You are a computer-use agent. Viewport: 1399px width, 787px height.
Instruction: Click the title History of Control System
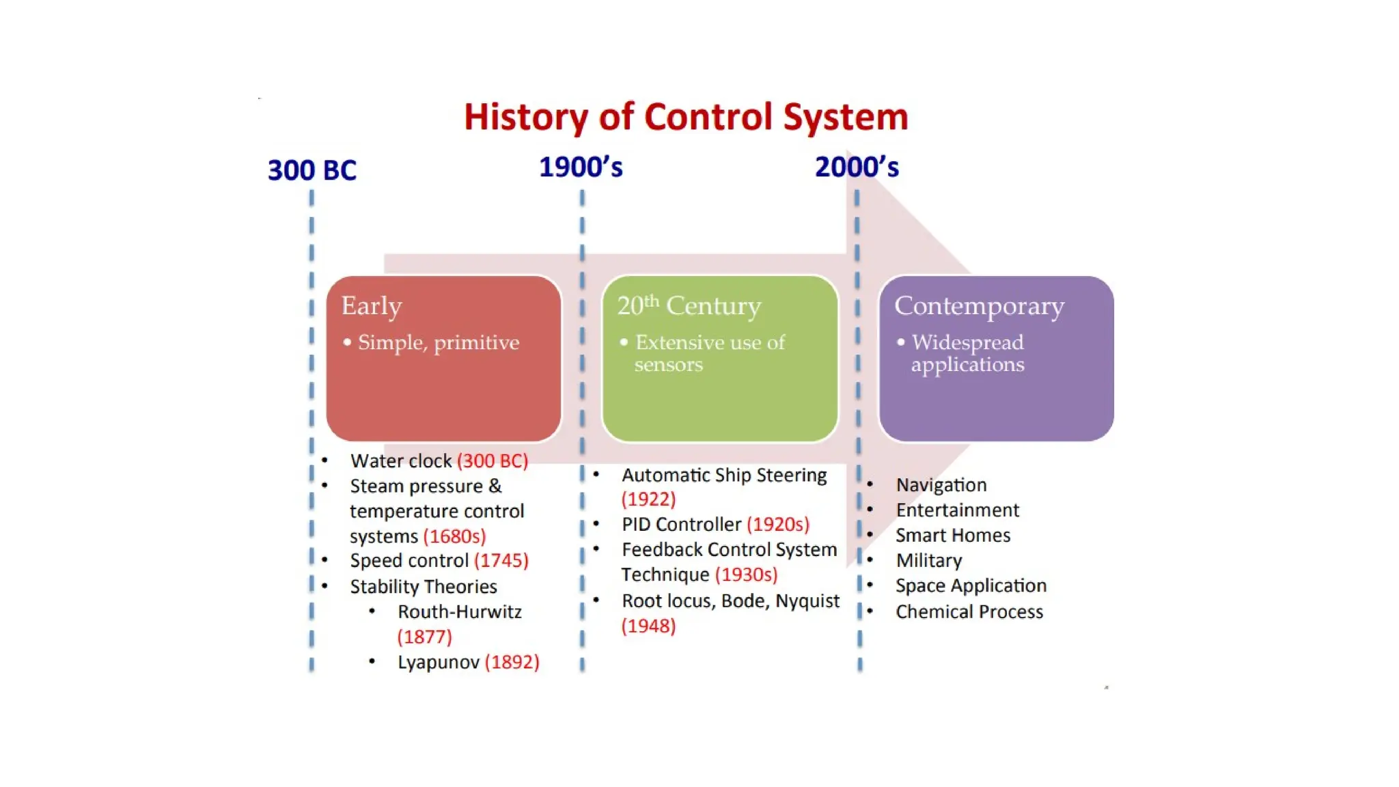686,117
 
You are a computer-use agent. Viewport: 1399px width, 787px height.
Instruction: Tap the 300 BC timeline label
311,170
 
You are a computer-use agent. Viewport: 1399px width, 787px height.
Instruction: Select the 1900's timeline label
581,167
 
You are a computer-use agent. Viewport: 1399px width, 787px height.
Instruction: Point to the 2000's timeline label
857,167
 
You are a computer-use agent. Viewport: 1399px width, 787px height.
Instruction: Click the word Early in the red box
372,306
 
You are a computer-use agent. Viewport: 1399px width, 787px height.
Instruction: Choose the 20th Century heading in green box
689,305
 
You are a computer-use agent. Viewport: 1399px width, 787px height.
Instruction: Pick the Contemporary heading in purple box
979,306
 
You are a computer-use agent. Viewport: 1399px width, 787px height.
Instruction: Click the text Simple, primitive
438,342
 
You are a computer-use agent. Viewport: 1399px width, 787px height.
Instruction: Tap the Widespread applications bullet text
967,353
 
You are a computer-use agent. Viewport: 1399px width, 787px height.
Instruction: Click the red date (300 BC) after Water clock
493,461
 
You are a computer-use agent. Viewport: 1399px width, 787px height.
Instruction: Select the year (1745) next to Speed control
501,561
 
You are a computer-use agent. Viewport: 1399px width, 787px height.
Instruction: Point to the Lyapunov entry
438,663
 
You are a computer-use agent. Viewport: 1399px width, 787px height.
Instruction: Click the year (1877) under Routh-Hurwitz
424,637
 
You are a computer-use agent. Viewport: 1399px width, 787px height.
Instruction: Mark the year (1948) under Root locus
648,626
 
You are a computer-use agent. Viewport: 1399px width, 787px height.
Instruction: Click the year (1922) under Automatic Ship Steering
648,499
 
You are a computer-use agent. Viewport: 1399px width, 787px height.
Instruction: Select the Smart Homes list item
952,536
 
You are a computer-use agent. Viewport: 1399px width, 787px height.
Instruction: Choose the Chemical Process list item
969,612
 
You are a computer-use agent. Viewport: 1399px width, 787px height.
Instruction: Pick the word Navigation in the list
941,485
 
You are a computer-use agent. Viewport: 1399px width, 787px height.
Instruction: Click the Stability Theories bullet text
423,587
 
